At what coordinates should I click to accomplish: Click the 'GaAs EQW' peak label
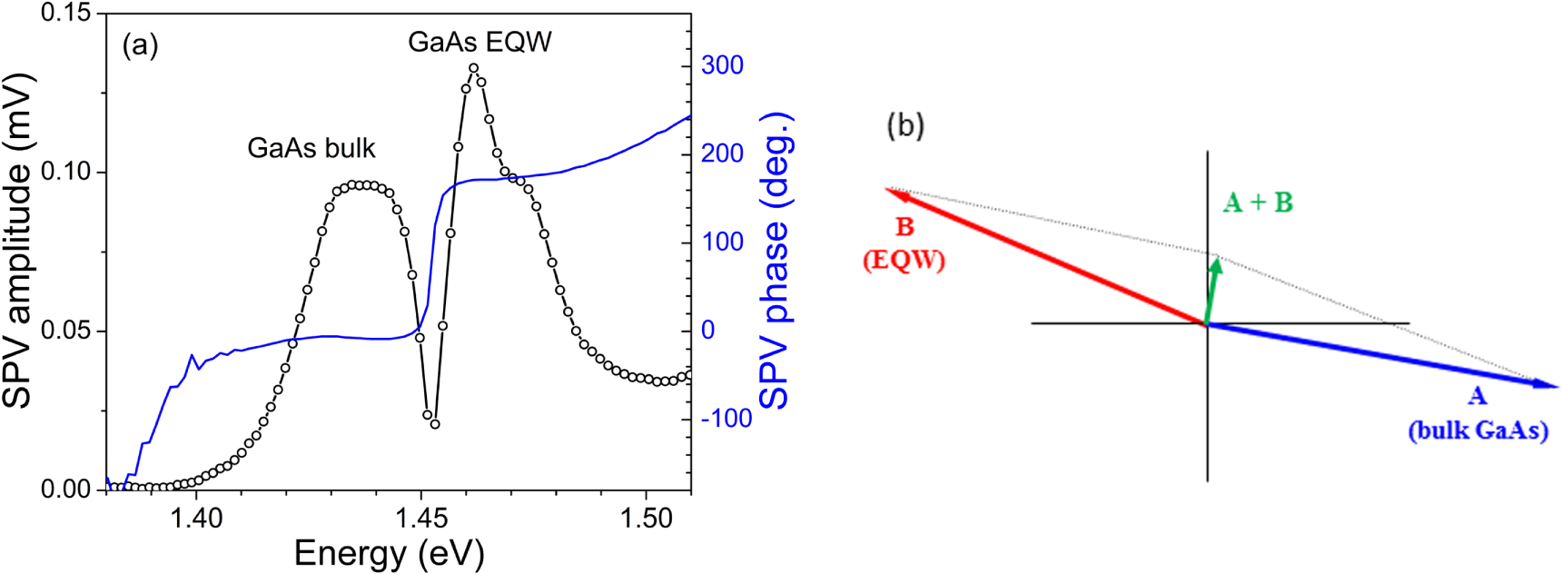click(x=479, y=43)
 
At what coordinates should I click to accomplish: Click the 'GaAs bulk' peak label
click(x=311, y=148)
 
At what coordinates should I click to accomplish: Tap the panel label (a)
click(x=141, y=45)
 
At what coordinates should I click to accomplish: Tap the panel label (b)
click(x=905, y=125)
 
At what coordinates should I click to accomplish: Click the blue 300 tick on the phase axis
click(x=722, y=65)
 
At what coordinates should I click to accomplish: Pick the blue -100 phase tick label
click(x=726, y=419)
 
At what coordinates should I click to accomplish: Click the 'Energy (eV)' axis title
click(x=389, y=553)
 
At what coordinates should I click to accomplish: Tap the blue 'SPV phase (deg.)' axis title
click(x=775, y=261)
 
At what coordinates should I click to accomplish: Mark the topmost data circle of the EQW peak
click(x=473, y=68)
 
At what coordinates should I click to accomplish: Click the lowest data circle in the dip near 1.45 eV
click(x=435, y=424)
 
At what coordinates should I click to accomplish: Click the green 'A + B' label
click(x=1257, y=203)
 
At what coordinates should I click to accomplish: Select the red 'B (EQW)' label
click(x=904, y=243)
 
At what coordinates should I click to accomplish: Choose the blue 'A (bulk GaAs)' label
click(x=1478, y=413)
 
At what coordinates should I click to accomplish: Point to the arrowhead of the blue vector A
click(x=1548, y=385)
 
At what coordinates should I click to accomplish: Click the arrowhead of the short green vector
click(x=1216, y=264)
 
